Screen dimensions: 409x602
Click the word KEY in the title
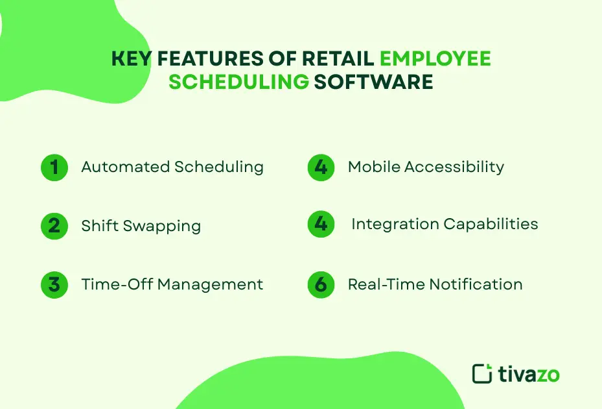[x=132, y=59]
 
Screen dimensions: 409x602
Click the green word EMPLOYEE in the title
[x=435, y=59]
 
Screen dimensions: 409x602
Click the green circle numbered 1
[x=54, y=167]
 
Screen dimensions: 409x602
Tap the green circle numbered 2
[x=54, y=226]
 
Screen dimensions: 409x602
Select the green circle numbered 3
[x=54, y=284]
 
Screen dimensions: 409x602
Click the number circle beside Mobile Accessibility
[x=321, y=167]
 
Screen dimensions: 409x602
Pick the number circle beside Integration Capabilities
[x=321, y=225]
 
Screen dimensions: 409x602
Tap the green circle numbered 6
[x=321, y=284]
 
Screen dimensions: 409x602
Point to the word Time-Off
[x=117, y=284]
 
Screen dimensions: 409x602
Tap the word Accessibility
[x=454, y=167]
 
